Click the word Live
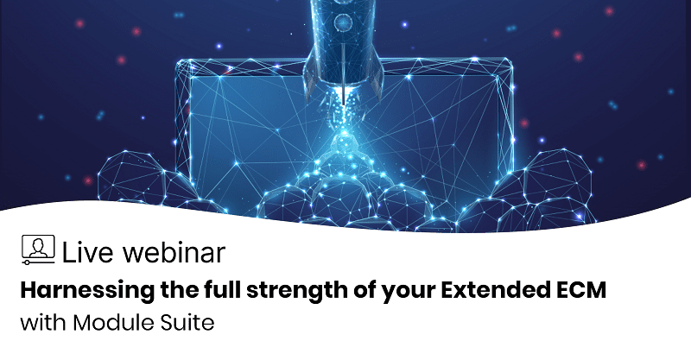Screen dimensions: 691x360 pos(88,252)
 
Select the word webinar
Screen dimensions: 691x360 pos(174,252)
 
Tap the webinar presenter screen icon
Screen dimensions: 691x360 pos(38,249)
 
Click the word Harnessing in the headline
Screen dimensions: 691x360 pos(87,291)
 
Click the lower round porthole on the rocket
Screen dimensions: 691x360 pos(342,21)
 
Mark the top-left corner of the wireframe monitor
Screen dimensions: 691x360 pos(178,62)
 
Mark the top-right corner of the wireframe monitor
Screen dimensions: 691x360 pos(510,61)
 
